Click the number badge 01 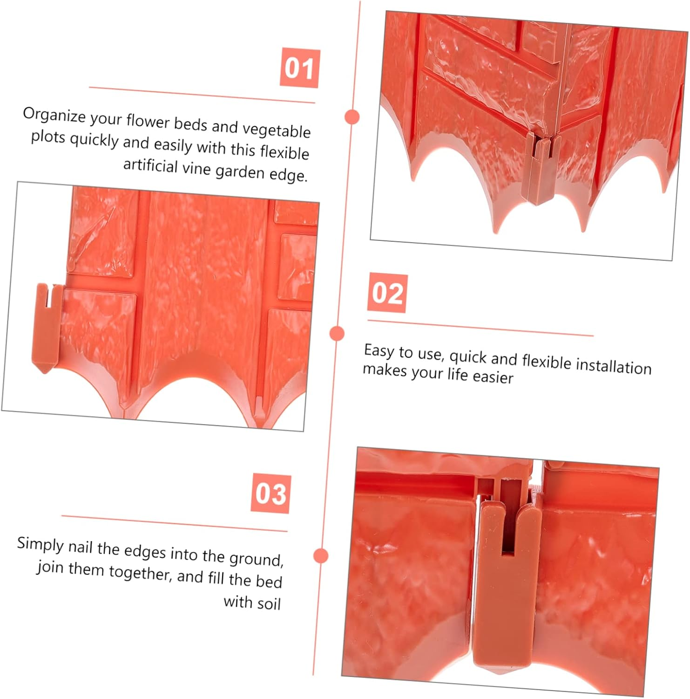pyautogui.click(x=299, y=68)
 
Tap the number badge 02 pyautogui.click(x=387, y=293)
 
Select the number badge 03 pyautogui.click(x=271, y=493)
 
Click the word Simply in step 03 pyautogui.click(x=40, y=545)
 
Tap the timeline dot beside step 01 pyautogui.click(x=352, y=116)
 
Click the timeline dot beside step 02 pyautogui.click(x=337, y=334)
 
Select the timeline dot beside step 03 pyautogui.click(x=321, y=555)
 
